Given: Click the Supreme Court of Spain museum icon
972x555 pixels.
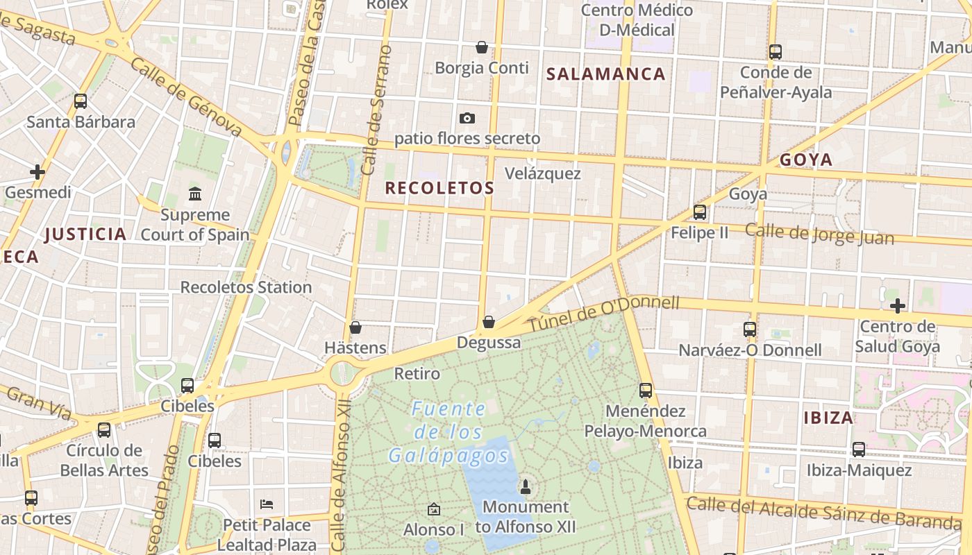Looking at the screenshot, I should tap(195, 194).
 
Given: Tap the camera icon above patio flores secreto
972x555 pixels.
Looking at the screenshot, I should tap(467, 118).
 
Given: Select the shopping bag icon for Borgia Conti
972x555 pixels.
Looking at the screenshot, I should tap(482, 47).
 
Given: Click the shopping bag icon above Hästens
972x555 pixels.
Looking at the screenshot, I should tap(355, 327).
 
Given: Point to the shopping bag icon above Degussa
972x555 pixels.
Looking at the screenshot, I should tap(489, 322).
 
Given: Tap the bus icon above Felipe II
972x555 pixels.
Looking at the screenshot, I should tap(700, 212).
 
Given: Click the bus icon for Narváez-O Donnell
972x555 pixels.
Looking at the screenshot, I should tap(750, 329).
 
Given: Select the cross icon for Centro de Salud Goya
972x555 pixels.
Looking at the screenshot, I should tap(898, 305).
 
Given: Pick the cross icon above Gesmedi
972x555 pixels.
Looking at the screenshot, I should tap(37, 171).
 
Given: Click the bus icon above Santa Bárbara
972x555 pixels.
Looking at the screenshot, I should tap(81, 101).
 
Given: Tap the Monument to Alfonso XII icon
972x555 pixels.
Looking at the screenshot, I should tap(526, 486).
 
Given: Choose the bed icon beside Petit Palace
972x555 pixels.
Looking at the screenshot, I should tap(267, 504).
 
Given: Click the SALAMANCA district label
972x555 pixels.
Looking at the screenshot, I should tap(606, 74).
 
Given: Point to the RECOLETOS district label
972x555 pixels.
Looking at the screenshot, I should tap(439, 188).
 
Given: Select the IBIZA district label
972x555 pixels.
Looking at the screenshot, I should tap(828, 418).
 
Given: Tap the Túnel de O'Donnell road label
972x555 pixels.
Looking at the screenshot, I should tap(604, 314).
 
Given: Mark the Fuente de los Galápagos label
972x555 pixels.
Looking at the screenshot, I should tap(449, 432).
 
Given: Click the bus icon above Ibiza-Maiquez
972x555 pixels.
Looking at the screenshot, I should tap(859, 449).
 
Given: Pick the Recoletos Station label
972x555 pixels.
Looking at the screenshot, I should tap(246, 287).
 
